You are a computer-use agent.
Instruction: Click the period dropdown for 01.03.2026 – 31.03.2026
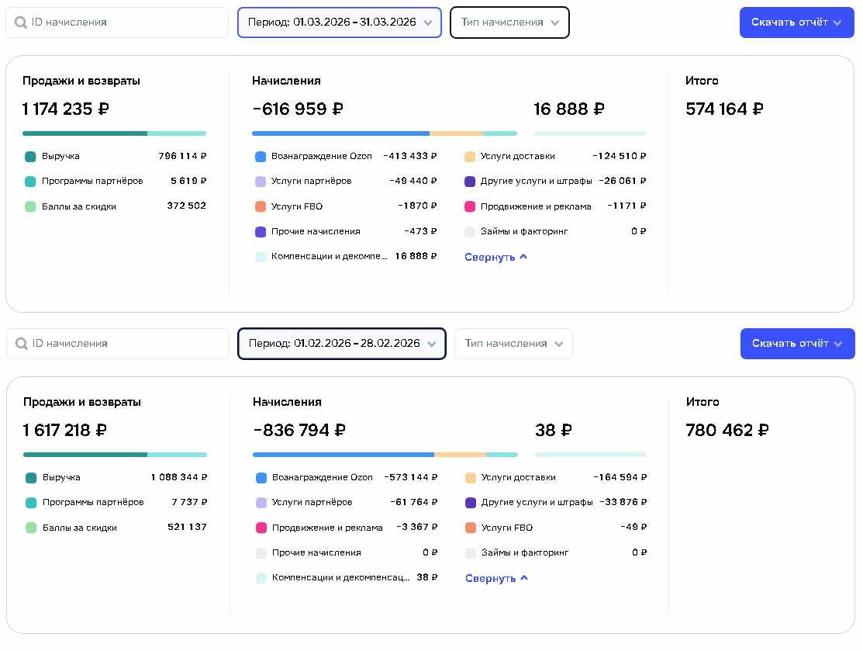339,23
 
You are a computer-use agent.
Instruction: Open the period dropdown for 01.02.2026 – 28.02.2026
342,344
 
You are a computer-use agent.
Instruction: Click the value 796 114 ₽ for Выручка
182,156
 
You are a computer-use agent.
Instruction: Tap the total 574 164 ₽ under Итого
724,109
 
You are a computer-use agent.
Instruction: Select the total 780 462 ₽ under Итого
727,430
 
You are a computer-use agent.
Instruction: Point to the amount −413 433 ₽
410,156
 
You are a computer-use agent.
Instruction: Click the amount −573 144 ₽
411,477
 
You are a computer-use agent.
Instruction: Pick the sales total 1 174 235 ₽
65,109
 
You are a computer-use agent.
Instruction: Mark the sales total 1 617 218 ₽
65,430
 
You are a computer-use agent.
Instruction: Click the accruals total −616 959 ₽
298,109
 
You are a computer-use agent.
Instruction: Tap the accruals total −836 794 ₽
299,430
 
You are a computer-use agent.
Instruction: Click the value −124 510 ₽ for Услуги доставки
620,156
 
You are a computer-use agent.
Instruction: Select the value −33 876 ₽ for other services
623,502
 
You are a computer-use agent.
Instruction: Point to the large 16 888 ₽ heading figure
569,109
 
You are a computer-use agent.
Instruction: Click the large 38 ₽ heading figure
553,430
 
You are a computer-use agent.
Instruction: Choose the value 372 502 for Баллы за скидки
187,206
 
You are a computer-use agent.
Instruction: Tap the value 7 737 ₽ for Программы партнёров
189,502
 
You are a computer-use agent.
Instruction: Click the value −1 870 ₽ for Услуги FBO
417,206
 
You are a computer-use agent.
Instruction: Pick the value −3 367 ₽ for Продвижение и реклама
416,527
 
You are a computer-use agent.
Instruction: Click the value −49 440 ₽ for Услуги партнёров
413,181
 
